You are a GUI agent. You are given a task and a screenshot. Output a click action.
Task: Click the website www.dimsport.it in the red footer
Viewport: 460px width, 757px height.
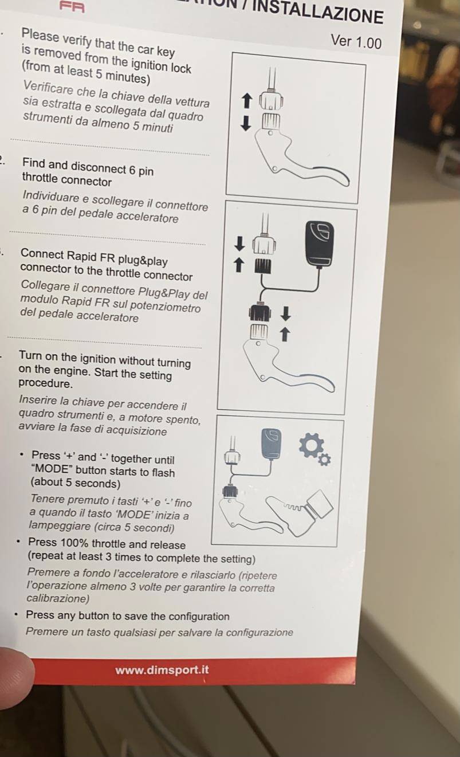[x=162, y=670]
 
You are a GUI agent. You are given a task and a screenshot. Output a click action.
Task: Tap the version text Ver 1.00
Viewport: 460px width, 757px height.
[x=356, y=42]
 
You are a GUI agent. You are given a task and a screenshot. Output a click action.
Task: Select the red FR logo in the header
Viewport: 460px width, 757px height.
[x=72, y=7]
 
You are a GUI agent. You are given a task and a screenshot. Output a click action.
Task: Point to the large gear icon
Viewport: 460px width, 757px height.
[x=310, y=445]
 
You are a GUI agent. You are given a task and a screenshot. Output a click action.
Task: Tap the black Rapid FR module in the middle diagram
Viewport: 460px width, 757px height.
[x=319, y=244]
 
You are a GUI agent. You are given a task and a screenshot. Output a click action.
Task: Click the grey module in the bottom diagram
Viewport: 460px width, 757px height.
[x=271, y=443]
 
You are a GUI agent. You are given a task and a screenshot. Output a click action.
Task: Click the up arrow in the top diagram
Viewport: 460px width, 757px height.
[x=247, y=101]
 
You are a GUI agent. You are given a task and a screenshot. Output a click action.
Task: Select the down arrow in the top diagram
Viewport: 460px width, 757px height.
[x=246, y=123]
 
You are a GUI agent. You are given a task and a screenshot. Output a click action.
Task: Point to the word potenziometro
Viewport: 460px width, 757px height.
[x=165, y=306]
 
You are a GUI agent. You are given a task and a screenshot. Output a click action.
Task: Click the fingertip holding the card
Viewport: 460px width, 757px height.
[x=15, y=675]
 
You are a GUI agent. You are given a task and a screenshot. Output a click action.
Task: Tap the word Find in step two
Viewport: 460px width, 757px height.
[x=33, y=163]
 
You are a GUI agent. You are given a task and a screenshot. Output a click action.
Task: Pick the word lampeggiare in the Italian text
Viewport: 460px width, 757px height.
[x=60, y=525]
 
